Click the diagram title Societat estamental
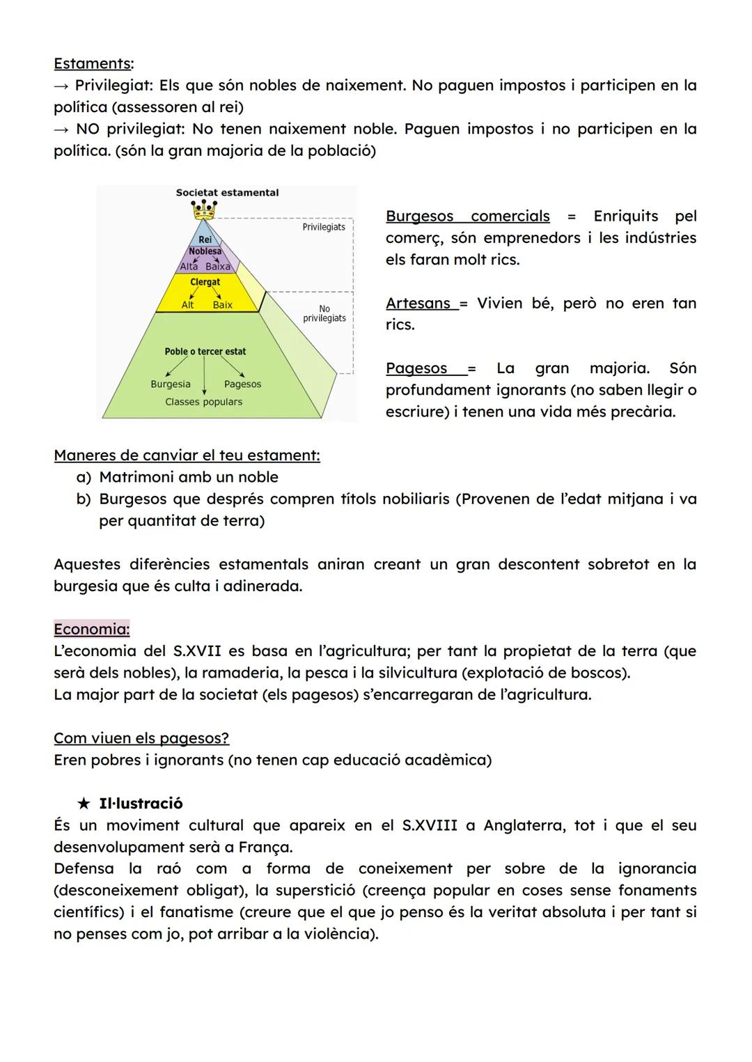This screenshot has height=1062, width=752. coord(227,193)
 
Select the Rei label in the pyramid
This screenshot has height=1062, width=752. coord(205,240)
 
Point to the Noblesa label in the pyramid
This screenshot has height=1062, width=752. coord(205,251)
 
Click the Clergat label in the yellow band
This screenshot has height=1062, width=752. coord(205,282)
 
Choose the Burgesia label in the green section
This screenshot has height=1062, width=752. coord(171,384)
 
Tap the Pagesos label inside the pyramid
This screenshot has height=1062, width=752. coord(242,384)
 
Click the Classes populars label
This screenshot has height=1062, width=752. coord(203,402)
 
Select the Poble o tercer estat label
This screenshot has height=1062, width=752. coord(205,352)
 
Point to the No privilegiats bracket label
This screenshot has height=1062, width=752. coord(324,313)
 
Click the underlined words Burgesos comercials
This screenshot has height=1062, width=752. coord(467,217)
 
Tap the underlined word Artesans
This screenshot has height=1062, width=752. coord(418,304)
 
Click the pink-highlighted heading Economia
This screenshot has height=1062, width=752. coord(91,630)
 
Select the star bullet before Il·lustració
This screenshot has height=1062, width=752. coord(84,804)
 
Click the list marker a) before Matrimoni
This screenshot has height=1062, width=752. coord(84,478)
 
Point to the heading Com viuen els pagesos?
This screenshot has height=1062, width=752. coord(141,738)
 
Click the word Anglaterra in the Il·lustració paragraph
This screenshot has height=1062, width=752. coord(524,825)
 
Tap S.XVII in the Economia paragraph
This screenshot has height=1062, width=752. coord(197,651)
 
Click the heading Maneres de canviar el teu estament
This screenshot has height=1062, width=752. coord(187,455)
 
